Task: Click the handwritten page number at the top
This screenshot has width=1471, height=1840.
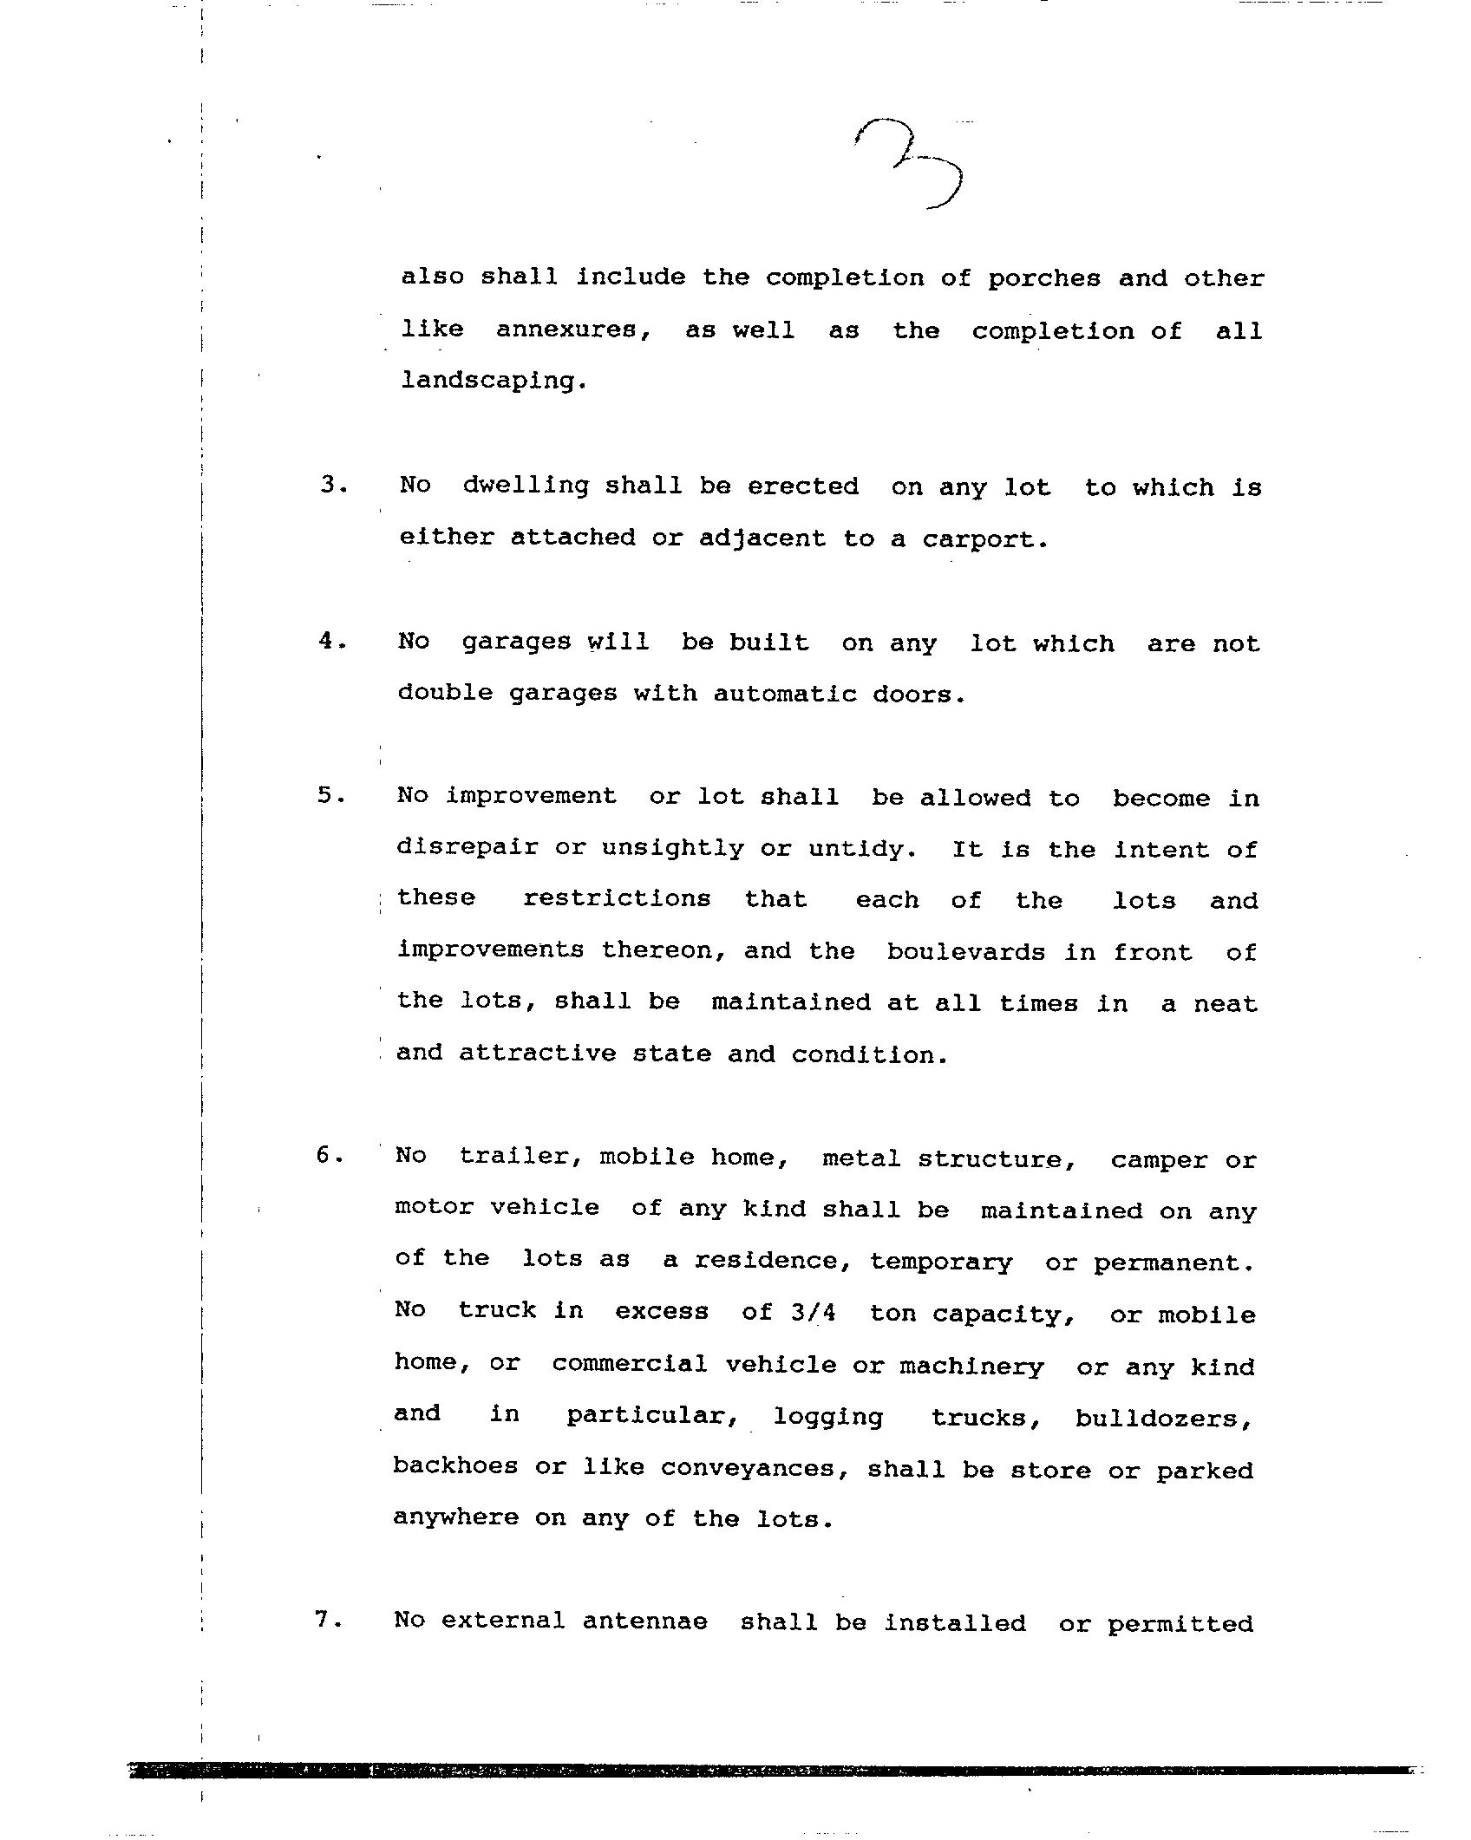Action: coord(910,163)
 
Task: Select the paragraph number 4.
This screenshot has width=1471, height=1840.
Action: coord(330,641)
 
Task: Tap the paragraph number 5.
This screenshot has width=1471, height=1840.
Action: coord(330,795)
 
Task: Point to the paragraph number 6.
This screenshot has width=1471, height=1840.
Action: coord(329,1155)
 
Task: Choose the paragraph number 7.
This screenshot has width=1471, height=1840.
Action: coord(328,1620)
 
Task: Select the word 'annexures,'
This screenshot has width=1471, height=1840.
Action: coord(573,331)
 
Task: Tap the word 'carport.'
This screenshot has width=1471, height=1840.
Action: coord(985,539)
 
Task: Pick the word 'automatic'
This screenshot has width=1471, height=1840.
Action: coord(785,694)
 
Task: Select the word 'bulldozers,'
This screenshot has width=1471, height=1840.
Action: coord(1164,1419)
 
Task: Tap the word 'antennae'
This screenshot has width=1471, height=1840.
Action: coord(644,1621)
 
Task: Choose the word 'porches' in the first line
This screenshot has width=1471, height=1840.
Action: coord(1044,279)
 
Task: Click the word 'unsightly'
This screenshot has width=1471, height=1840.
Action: coord(672,847)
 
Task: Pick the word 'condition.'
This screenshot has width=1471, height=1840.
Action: coord(869,1054)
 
